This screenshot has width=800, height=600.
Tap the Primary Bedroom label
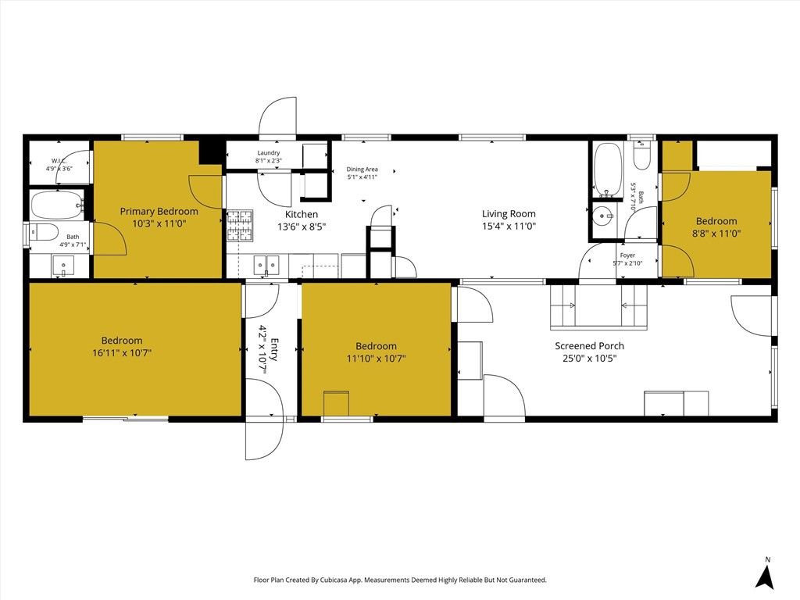159,211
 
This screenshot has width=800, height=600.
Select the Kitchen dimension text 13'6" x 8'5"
301,227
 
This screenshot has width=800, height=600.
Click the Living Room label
508,213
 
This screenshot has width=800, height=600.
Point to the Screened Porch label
589,346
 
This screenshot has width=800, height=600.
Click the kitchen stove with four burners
240,225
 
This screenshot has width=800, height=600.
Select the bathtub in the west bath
56,205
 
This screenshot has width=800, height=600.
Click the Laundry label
268,153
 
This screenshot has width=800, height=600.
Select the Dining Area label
362,169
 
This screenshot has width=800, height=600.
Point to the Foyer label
627,255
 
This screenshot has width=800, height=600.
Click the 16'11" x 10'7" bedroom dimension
121,352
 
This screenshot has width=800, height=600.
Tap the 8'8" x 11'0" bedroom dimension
716,233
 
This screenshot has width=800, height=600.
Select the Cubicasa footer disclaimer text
400,580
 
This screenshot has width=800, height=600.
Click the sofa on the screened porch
598,307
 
